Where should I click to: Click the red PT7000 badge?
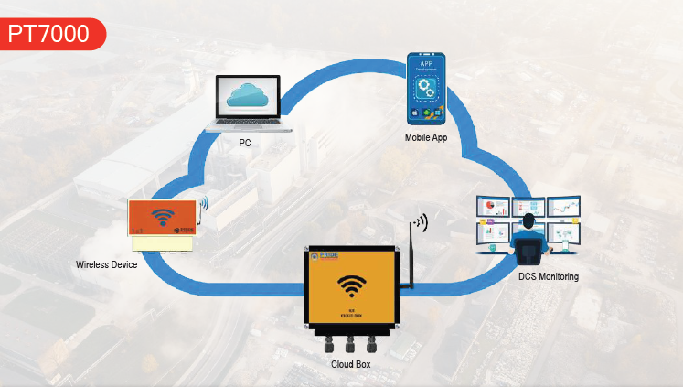click(x=50, y=33)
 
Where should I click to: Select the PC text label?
click(x=245, y=143)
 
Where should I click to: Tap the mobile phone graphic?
click(x=425, y=89)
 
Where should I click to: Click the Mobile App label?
click(x=426, y=137)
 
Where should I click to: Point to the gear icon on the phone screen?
click(x=426, y=88)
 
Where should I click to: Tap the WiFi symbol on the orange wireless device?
click(x=163, y=218)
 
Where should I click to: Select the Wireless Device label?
click(x=106, y=264)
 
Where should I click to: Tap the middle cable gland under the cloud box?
click(x=350, y=345)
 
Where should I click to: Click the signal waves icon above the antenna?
click(x=420, y=221)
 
